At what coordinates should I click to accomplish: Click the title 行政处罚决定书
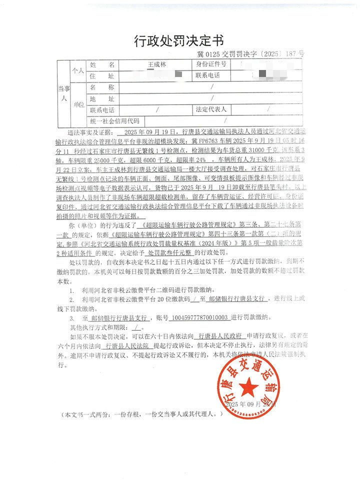178,40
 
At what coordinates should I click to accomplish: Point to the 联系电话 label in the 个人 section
211,76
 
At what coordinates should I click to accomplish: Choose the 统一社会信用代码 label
114,121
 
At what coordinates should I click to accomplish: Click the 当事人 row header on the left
63,93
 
